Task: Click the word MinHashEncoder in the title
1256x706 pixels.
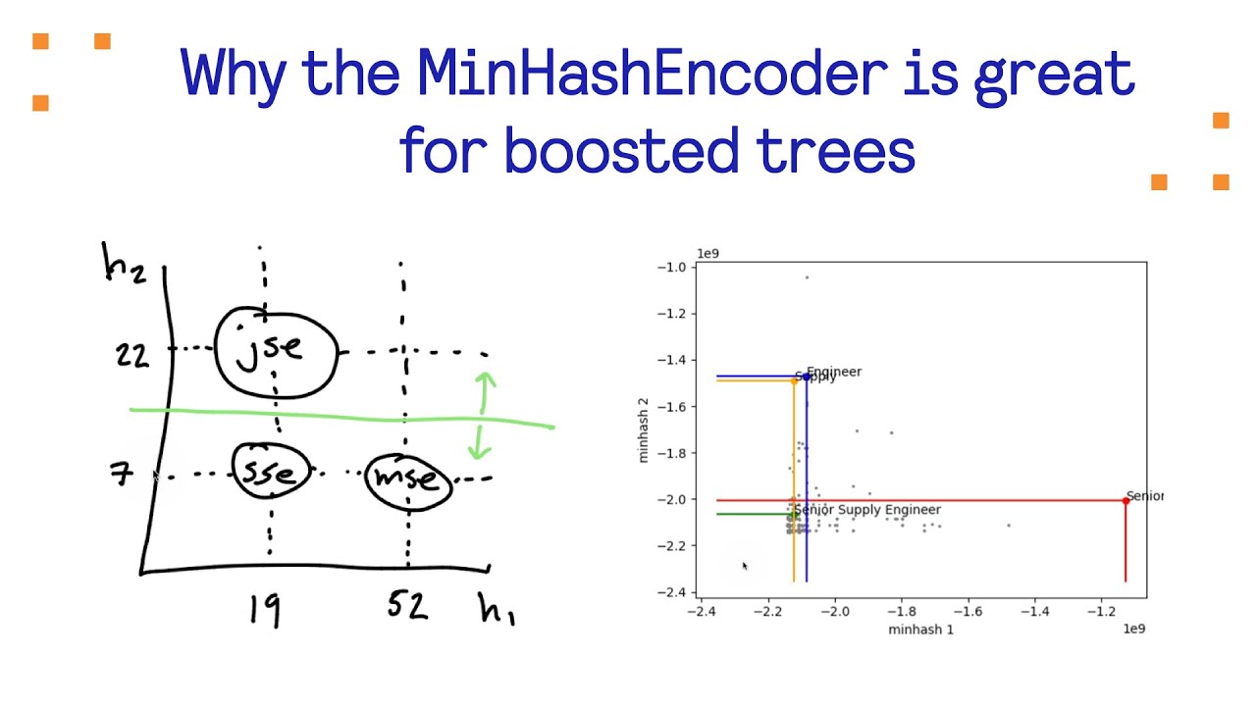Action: point(652,74)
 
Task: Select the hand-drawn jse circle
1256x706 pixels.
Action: point(276,351)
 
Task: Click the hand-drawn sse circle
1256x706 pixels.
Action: point(270,472)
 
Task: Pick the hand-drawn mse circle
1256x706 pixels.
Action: point(407,479)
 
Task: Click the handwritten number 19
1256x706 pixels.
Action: point(265,609)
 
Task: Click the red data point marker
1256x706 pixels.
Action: point(1125,501)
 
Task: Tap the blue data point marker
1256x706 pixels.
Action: point(807,377)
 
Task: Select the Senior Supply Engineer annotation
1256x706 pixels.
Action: point(867,510)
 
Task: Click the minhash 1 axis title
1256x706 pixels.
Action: point(920,629)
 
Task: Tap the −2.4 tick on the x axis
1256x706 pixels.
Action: point(701,611)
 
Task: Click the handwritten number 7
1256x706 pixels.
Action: point(123,477)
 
